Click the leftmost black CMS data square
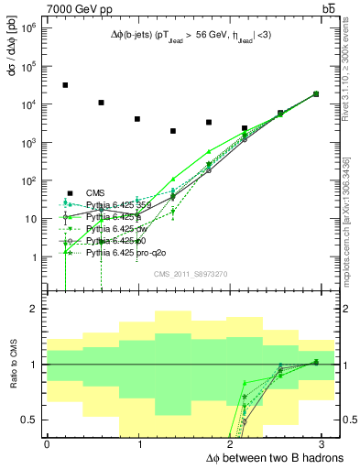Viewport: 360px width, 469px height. (x=65, y=85)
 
